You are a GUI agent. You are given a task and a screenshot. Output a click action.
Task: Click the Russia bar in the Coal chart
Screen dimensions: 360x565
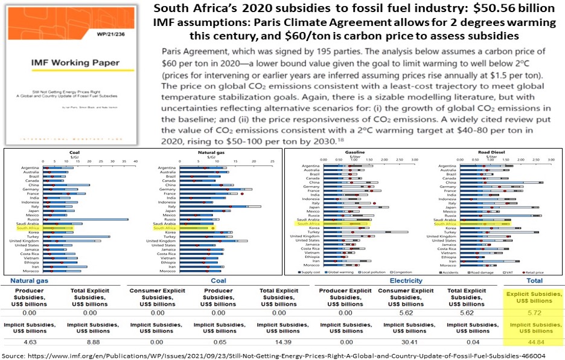85,219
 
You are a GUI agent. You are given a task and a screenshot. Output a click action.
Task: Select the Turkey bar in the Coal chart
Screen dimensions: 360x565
77,236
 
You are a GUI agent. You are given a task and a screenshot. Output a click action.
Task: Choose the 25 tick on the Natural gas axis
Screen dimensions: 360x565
272,161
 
